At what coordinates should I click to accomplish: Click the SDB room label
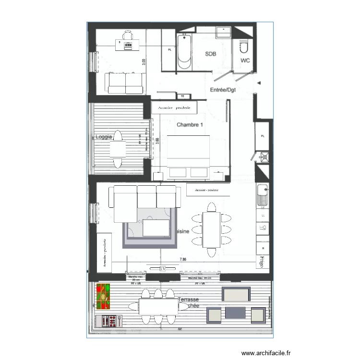(x=211, y=54)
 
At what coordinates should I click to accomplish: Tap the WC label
(x=245, y=60)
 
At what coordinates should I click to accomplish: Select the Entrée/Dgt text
(x=225, y=90)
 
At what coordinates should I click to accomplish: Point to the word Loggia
(x=104, y=137)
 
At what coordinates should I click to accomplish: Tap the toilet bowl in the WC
(x=243, y=48)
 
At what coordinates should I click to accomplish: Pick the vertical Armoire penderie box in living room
(x=104, y=252)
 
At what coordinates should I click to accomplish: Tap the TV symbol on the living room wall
(x=162, y=268)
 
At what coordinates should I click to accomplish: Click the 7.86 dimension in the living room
(x=183, y=259)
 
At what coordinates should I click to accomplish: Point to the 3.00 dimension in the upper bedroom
(x=143, y=62)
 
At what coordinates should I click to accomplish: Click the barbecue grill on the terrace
(x=108, y=320)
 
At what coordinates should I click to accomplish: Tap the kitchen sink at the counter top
(x=262, y=194)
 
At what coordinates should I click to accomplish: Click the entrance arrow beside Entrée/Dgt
(x=259, y=83)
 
